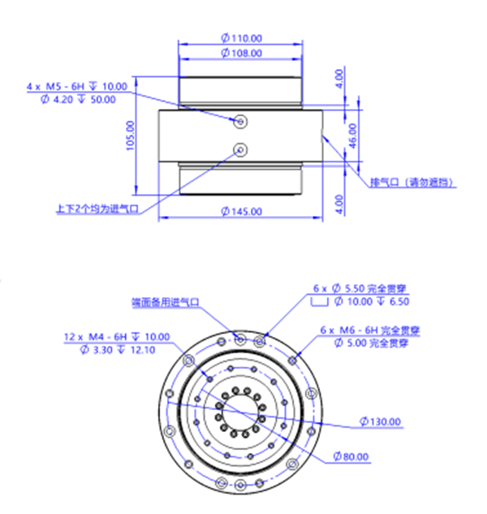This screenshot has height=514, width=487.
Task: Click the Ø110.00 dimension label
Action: click(x=241, y=38)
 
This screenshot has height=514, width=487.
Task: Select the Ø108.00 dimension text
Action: click(x=241, y=53)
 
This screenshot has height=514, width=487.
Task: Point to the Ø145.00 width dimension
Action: click(x=241, y=211)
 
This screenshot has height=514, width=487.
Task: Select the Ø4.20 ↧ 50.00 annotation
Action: click(x=78, y=99)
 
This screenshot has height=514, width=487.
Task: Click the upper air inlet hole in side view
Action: click(x=240, y=121)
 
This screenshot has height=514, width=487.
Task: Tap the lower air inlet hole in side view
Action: click(x=240, y=149)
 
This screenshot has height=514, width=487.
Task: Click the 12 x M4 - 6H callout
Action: click(x=117, y=337)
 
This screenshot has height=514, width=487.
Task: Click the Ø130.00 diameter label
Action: click(x=381, y=421)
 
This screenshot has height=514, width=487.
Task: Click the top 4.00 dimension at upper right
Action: click(x=339, y=78)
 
